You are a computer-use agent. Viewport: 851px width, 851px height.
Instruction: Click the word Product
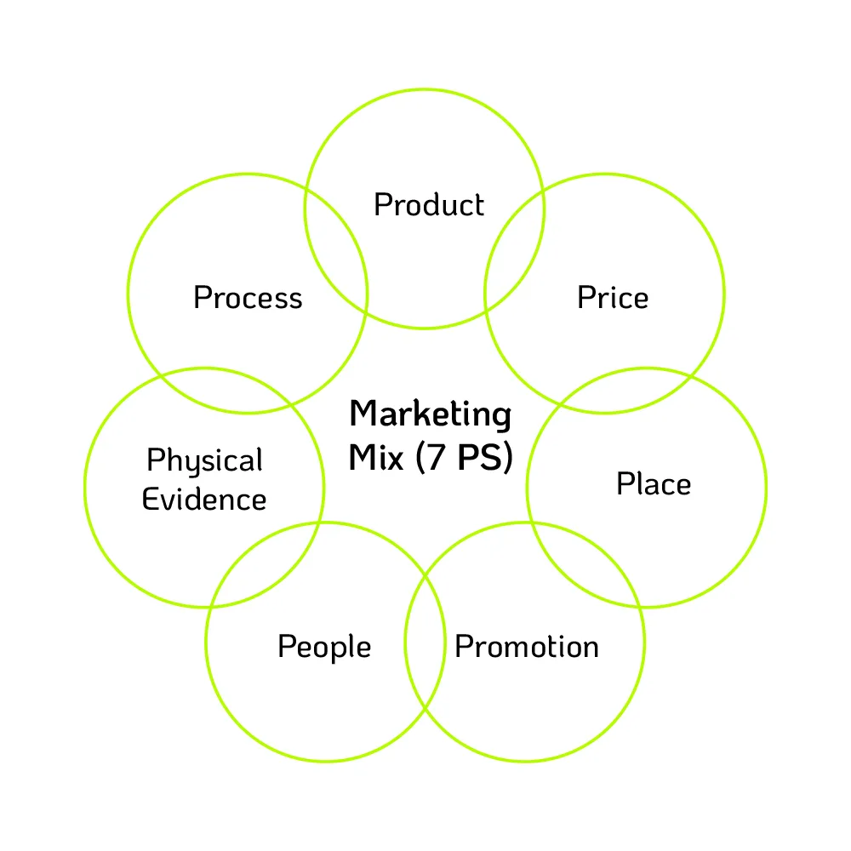pyautogui.click(x=429, y=204)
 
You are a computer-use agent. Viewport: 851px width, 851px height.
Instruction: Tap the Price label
pyautogui.click(x=613, y=297)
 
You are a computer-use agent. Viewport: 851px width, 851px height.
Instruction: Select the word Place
pyautogui.click(x=654, y=483)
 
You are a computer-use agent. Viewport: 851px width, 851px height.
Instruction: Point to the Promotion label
pyautogui.click(x=527, y=647)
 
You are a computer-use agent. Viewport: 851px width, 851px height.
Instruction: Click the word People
pyautogui.click(x=324, y=647)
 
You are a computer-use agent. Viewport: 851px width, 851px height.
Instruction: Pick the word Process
pyautogui.click(x=248, y=297)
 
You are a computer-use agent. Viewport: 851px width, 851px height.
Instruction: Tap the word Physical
pyautogui.click(x=204, y=461)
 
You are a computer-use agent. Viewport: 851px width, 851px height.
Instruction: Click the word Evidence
pyautogui.click(x=204, y=500)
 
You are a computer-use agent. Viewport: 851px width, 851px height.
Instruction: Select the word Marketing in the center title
pyautogui.click(x=431, y=415)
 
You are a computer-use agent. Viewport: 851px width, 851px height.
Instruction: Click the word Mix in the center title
pyautogui.click(x=376, y=457)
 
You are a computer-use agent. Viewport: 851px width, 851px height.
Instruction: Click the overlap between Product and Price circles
pyautogui.click(x=515, y=251)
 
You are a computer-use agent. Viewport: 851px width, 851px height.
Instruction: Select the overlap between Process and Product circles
pyautogui.click(x=336, y=251)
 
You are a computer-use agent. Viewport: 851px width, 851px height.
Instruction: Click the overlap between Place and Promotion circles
pyautogui.click(x=585, y=563)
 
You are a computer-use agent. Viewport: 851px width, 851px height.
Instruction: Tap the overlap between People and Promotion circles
pyautogui.click(x=425, y=642)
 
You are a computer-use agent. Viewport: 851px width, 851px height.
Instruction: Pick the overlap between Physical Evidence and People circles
pyautogui.click(x=265, y=564)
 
